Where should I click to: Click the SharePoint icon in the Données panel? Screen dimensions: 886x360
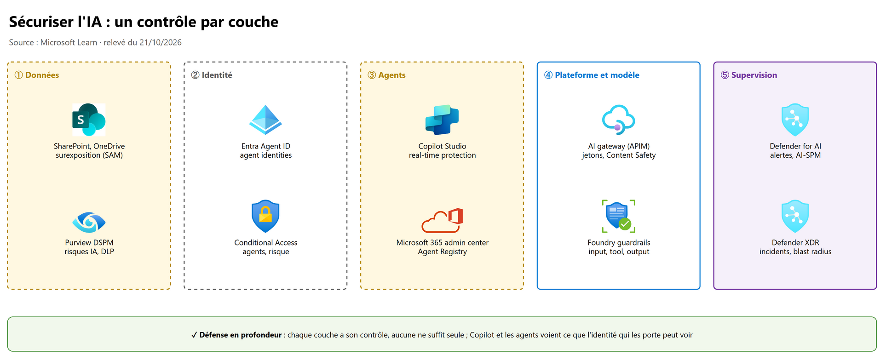tap(89, 120)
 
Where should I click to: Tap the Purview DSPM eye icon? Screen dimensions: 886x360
tap(89, 222)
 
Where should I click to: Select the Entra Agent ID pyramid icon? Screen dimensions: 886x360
tap(265, 120)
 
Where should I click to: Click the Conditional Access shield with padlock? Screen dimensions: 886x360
tap(265, 216)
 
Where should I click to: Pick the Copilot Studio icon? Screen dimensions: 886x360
tap(442, 120)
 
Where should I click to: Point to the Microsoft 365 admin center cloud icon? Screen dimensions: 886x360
tap(442, 220)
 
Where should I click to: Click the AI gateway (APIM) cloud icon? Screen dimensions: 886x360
tap(619, 120)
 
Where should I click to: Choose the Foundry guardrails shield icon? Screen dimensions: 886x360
tap(619, 216)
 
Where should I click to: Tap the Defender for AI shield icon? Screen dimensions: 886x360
tap(795, 120)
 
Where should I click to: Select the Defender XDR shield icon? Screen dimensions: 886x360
tap(795, 216)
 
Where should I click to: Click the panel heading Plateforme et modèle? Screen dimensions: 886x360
tap(597, 75)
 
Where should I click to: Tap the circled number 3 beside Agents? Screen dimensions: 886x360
tap(372, 75)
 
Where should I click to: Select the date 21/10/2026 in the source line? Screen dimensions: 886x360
tap(161, 42)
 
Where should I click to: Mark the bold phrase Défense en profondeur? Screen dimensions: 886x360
tap(240, 335)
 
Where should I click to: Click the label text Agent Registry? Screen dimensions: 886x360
tap(442, 251)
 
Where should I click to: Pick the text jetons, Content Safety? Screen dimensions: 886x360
tap(619, 155)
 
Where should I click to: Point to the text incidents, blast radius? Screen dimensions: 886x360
tap(795, 251)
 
